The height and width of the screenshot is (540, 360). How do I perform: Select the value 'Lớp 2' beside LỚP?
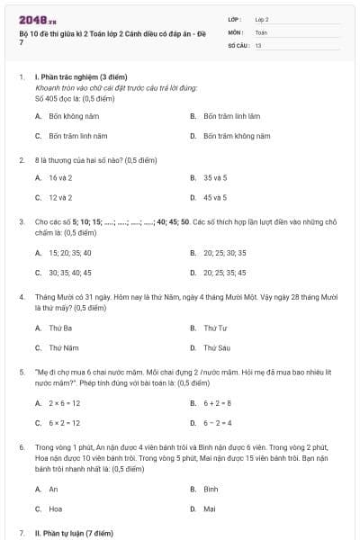[262, 19]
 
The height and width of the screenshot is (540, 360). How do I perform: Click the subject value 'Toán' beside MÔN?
[261, 31]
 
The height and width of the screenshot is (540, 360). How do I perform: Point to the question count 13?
[258, 44]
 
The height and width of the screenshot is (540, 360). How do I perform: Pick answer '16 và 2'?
[60, 178]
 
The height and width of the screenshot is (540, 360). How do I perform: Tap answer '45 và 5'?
[215, 197]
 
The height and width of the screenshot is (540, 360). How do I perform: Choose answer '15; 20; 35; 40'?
[70, 253]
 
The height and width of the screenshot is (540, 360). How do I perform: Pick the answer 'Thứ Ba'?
[60, 328]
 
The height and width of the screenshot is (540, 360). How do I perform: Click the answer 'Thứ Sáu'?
[217, 347]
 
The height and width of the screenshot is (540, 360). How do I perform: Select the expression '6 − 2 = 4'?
[218, 422]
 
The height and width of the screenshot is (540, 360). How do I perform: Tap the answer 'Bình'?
[211, 489]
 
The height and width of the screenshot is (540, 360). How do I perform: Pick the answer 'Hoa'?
[55, 508]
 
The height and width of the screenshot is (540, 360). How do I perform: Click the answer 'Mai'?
[210, 508]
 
